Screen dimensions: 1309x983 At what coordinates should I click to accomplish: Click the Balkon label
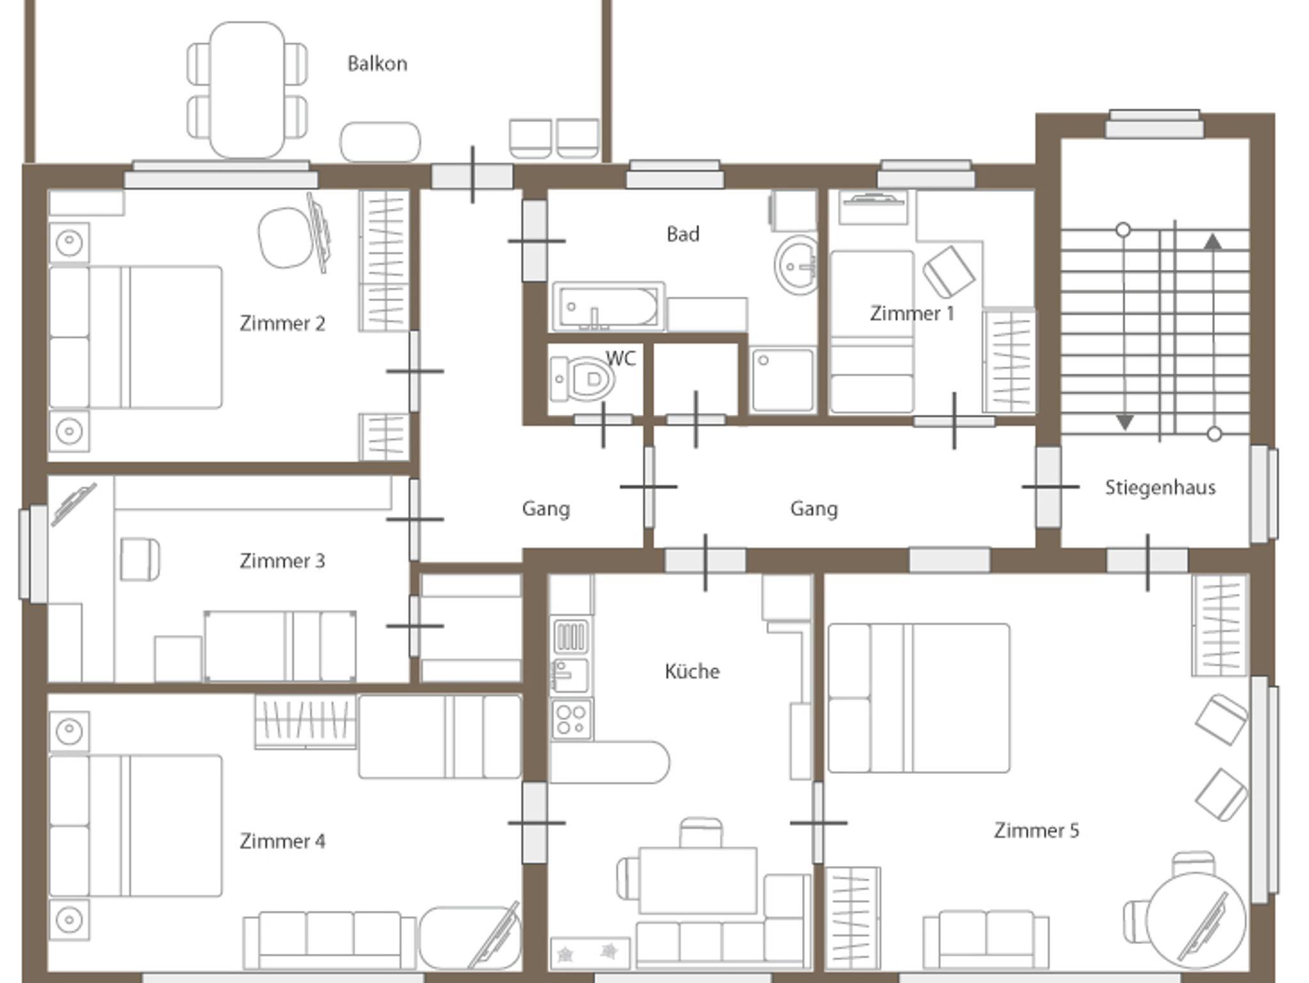coord(377,64)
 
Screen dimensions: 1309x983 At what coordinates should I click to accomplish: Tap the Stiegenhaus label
coord(1160,488)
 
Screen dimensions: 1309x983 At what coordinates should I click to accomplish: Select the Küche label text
coord(692,671)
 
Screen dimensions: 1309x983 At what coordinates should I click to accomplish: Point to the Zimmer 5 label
coord(1036,830)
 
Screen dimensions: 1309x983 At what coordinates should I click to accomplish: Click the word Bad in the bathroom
coord(683,234)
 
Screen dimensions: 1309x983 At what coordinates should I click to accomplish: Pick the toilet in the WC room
coord(583,379)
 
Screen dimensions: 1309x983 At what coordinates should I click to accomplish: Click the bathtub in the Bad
coord(608,307)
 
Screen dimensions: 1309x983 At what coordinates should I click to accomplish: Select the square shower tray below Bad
coord(783,380)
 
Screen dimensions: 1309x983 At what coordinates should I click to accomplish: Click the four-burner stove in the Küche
coord(571,719)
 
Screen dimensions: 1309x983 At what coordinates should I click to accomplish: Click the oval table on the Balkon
coord(247,90)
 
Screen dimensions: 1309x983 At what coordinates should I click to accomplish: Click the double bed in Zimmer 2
coord(136,337)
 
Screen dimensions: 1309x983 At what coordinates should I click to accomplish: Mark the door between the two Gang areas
coord(649,487)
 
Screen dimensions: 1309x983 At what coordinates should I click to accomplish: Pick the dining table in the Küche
coord(698,880)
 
